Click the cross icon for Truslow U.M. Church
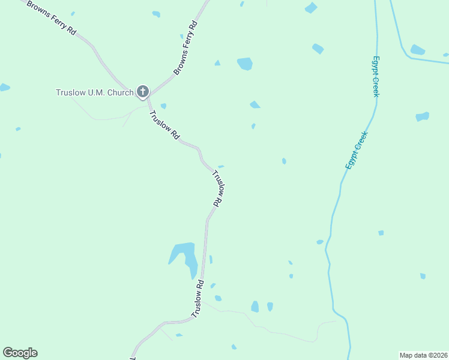[142, 92]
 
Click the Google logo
[20, 353]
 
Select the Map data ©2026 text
[423, 355]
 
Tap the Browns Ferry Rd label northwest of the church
[50, 19]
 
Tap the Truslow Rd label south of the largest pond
[198, 299]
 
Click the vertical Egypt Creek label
[376, 76]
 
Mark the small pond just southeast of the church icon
[163, 106]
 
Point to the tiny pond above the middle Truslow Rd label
[221, 166]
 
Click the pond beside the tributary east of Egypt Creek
[417, 50]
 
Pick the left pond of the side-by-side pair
[255, 307]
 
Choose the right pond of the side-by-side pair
[270, 307]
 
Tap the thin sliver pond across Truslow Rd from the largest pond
[211, 259]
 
